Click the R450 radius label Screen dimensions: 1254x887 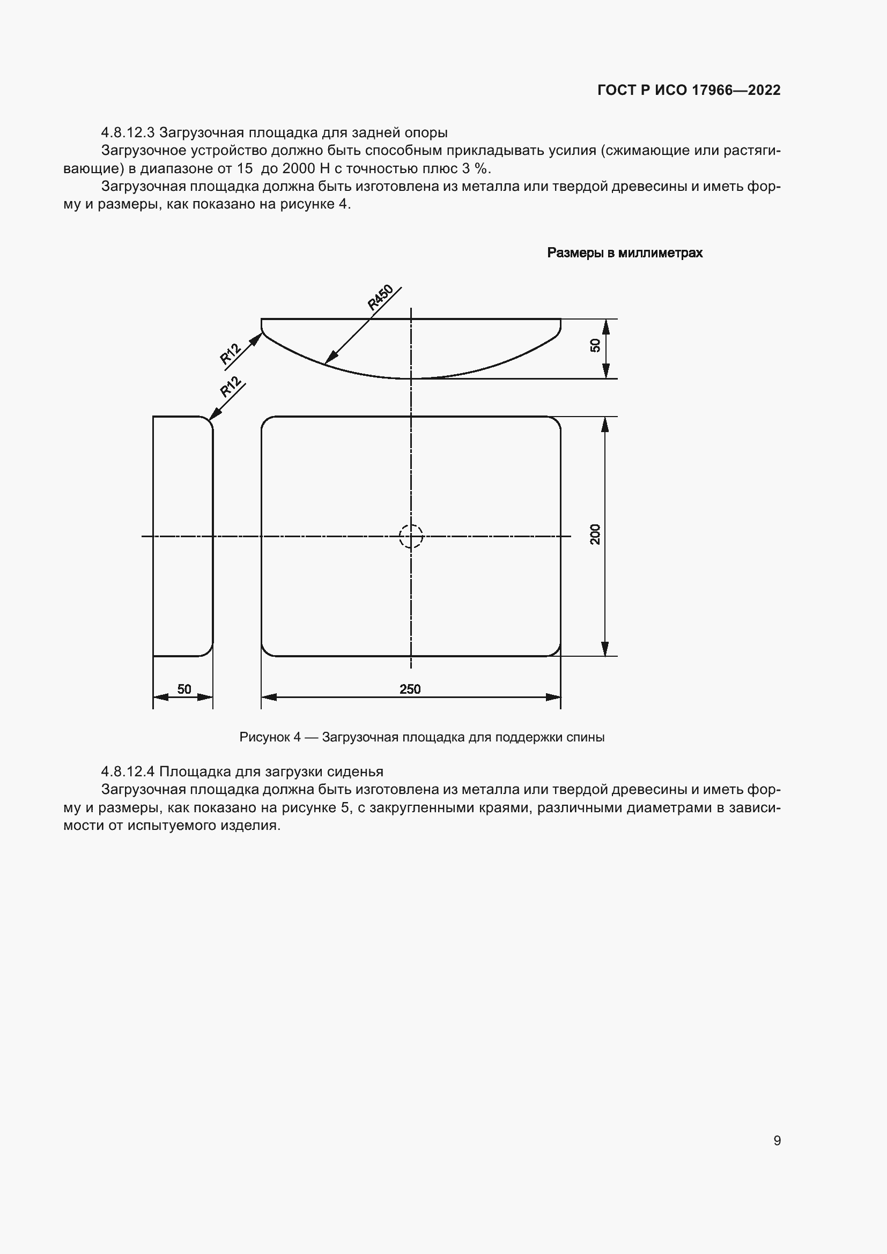(380, 298)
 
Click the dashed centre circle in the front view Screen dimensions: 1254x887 (411, 536)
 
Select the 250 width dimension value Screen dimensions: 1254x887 (410, 689)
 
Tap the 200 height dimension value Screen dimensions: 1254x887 (595, 534)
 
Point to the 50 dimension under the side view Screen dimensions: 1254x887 (184, 689)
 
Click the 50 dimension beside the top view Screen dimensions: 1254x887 (595, 345)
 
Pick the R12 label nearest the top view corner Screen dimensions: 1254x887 (231, 354)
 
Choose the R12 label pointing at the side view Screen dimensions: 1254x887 (231, 387)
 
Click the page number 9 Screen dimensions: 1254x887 (777, 1140)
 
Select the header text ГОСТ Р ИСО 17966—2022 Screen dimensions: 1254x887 (689, 90)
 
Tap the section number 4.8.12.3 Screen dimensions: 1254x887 (128, 133)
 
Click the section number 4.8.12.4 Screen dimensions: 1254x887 (128, 771)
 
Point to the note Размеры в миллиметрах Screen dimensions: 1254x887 (624, 253)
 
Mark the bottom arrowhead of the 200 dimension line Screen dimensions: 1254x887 (604, 649)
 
